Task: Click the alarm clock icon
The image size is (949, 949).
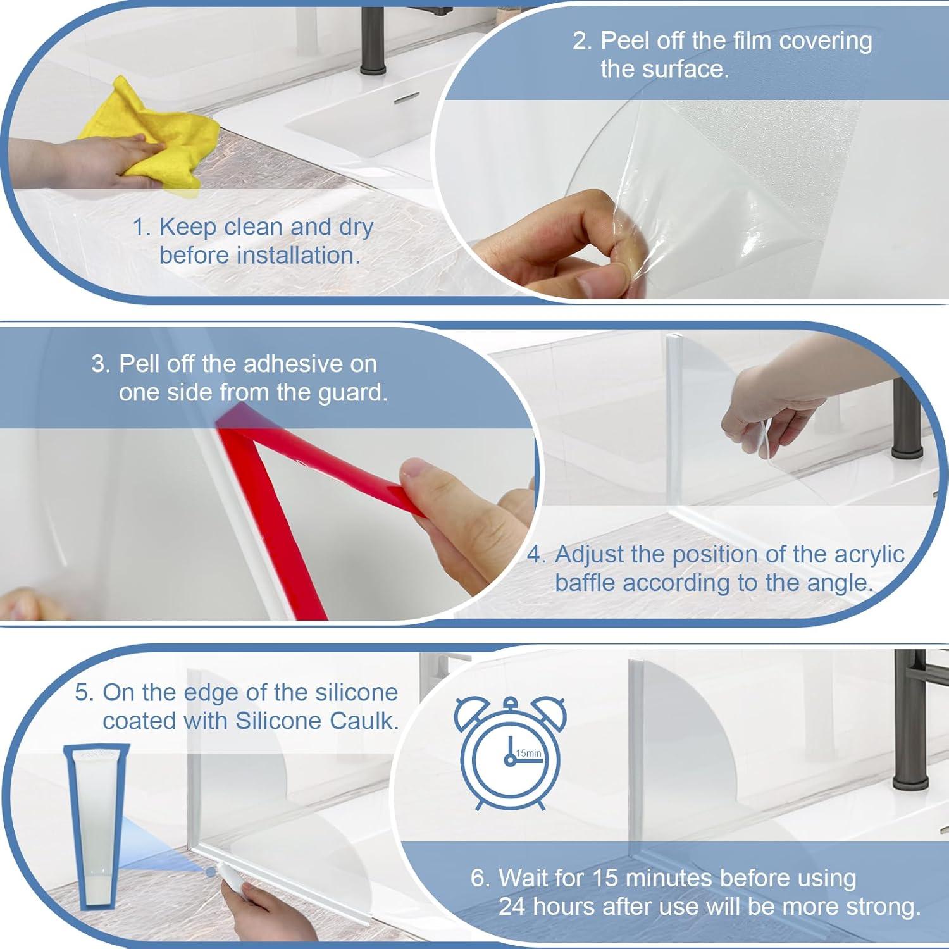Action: (x=510, y=752)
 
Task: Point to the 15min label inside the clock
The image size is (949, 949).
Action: (x=529, y=754)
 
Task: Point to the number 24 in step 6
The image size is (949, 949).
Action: (x=512, y=907)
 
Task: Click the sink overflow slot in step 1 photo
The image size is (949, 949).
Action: (x=406, y=100)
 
